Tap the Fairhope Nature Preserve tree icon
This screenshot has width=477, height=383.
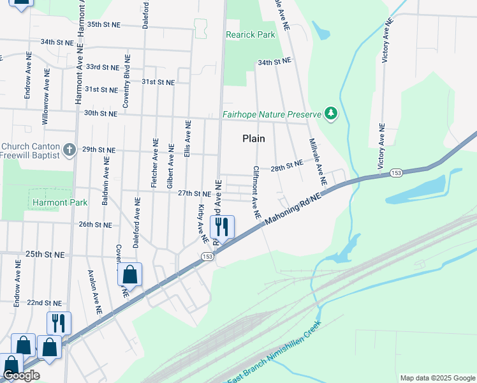click(330, 114)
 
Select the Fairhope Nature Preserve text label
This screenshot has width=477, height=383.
click(271, 115)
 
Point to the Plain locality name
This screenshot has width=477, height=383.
click(253, 139)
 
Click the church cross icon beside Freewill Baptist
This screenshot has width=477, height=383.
click(70, 151)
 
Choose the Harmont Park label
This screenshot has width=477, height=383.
click(50, 203)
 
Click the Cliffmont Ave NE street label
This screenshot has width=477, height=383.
click(256, 193)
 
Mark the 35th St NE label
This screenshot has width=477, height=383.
click(103, 24)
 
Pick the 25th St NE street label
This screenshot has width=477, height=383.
click(45, 254)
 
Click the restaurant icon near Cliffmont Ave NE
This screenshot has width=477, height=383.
click(222, 227)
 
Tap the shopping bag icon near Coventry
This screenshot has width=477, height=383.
click(129, 275)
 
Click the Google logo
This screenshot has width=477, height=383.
click(21, 376)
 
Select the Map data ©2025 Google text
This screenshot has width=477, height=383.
click(437, 378)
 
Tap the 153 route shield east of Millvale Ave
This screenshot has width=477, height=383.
click(395, 173)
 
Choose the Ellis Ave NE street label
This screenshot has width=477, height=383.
click(187, 139)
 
